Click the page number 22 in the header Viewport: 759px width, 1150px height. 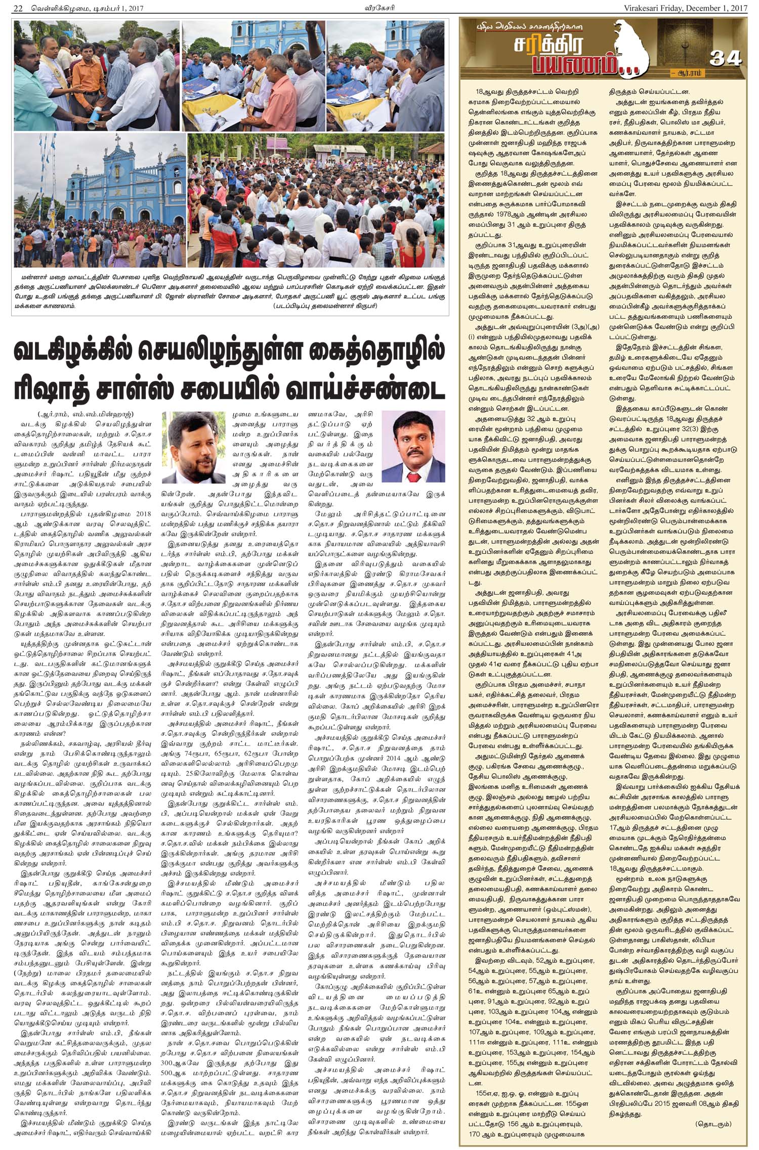click(x=19, y=8)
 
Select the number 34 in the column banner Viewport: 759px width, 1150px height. click(x=725, y=58)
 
